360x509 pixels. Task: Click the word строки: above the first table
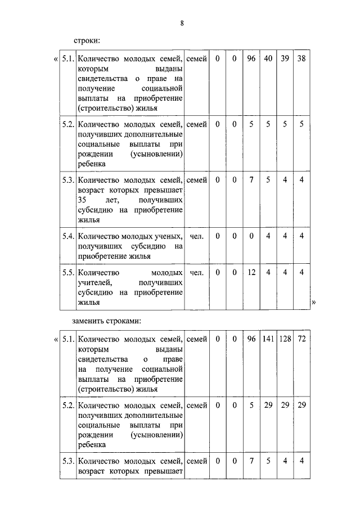point(87,40)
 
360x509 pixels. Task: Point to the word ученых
point(168,236)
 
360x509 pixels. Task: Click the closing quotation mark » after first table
point(314,303)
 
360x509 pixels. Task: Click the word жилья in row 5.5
point(89,303)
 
